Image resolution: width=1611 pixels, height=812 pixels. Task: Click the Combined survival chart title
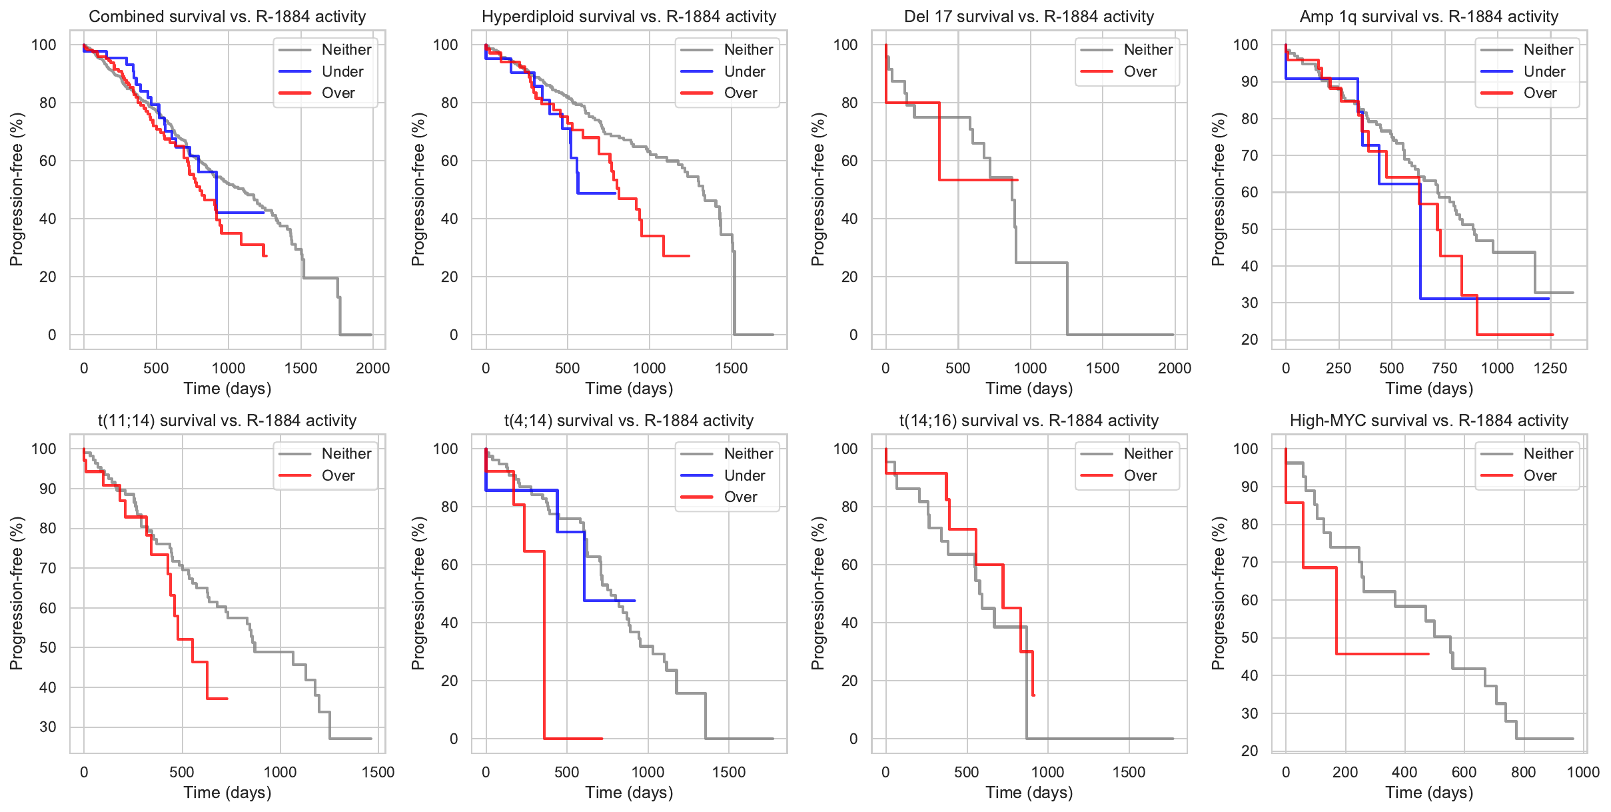227,17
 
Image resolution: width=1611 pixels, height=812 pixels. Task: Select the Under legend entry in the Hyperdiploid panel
744,71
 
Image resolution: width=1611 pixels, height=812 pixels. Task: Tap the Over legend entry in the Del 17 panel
1140,71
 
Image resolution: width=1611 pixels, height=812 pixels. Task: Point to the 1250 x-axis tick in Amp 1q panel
1550,368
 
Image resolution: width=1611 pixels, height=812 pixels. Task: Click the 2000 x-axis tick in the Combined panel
372,368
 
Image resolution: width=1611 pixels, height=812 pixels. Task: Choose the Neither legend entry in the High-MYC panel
1548,454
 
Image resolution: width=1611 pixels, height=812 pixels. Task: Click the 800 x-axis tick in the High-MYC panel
1524,772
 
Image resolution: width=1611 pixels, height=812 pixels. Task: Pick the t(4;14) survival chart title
629,421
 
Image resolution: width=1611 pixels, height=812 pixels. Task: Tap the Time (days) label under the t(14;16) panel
1029,793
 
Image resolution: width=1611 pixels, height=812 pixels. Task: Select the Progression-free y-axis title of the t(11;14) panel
17,593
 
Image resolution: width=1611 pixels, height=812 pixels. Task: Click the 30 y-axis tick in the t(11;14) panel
48,727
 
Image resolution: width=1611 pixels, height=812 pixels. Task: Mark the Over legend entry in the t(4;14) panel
740,497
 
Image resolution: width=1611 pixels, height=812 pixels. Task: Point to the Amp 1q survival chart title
1428,17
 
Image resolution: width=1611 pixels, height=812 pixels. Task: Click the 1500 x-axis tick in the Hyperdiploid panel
731,368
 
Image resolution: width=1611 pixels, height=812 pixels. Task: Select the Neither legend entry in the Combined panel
346,50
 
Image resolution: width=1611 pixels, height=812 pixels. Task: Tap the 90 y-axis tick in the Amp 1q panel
1246,82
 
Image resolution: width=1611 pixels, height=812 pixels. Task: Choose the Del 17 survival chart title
1029,17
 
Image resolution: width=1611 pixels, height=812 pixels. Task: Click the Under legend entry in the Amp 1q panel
1544,71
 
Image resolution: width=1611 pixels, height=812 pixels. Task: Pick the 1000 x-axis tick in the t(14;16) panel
1047,772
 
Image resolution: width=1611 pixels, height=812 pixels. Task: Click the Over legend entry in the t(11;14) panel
338,476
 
